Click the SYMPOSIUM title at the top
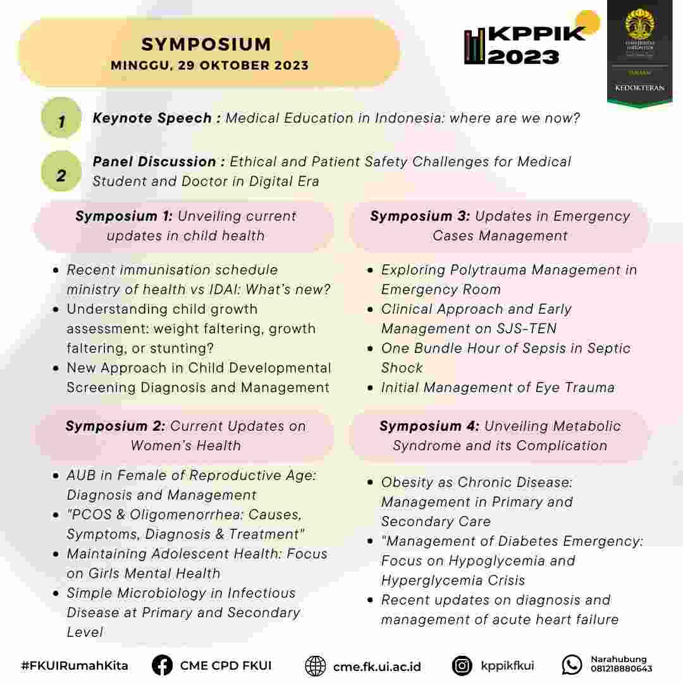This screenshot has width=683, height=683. [x=206, y=44]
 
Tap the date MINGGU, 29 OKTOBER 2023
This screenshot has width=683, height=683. [x=209, y=65]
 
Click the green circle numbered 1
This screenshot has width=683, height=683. [x=61, y=118]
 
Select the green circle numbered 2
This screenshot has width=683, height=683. [x=61, y=172]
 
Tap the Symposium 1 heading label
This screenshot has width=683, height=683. [x=123, y=216]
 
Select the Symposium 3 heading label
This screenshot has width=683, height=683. [x=420, y=216]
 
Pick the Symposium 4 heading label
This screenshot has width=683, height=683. [x=429, y=426]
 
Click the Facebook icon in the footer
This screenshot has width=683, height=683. [x=162, y=665]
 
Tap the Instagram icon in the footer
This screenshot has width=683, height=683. [x=462, y=665]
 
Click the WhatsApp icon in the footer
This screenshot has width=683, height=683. [x=572, y=665]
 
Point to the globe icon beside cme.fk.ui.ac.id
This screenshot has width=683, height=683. [x=315, y=666]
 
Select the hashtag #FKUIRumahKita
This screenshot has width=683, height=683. [x=75, y=666]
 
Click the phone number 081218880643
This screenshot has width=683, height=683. [x=621, y=669]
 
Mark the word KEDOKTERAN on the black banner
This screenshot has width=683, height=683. [x=640, y=87]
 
